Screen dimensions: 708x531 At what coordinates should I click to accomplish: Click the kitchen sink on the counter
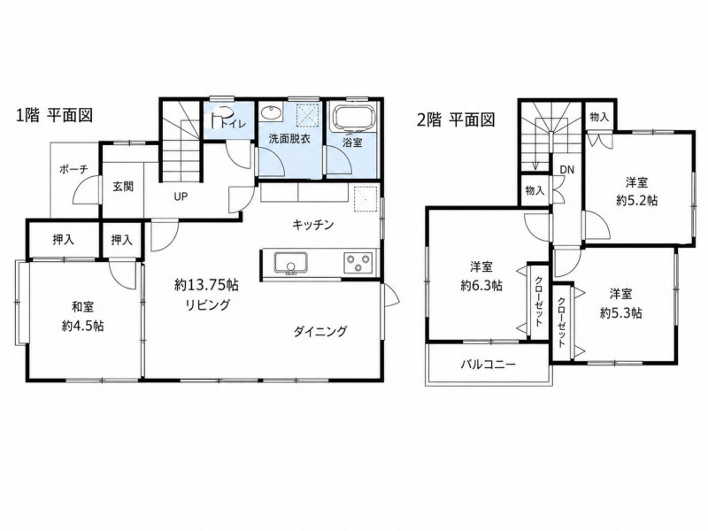291,263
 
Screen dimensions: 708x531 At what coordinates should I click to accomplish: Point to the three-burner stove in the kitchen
358,262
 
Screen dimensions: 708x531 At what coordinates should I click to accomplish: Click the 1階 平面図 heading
55,116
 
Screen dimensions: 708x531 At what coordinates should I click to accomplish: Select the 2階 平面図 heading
456,119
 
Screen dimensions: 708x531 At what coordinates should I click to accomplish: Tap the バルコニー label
489,365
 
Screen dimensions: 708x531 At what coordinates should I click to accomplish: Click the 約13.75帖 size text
207,285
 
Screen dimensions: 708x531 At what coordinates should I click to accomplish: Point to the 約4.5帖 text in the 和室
82,326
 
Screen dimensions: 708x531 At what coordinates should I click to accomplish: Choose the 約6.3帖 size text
481,286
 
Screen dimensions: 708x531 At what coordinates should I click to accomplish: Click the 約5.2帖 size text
636,201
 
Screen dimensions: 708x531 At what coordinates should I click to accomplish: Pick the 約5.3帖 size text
621,313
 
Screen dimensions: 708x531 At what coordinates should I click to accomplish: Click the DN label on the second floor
567,170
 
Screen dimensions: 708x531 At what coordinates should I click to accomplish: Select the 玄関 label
123,187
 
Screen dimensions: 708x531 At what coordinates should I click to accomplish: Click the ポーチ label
73,170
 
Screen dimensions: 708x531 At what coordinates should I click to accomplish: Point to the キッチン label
312,225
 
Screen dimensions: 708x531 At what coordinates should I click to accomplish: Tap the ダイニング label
320,332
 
